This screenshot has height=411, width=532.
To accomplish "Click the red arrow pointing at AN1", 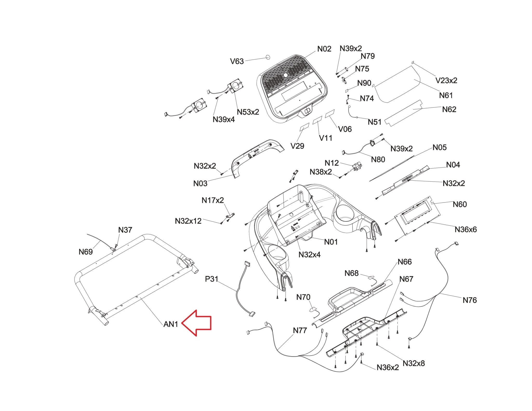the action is tap(196, 323).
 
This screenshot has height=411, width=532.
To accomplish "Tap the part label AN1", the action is tap(171, 324).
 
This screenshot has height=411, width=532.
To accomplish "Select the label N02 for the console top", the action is tap(324, 49).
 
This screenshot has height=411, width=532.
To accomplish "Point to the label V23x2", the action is tap(446, 80).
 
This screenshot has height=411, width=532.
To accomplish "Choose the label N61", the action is tap(446, 96).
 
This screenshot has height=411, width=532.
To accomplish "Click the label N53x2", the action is tap(248, 112).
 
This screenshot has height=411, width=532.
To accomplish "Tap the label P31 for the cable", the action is tap(212, 279).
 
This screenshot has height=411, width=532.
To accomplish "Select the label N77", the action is tap(300, 331).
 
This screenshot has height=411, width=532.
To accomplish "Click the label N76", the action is tap(470, 300).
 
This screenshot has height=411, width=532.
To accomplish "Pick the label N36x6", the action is tap(466, 230).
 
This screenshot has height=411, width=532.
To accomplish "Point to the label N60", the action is tap(460, 204).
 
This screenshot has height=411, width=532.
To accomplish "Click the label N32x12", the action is tap(188, 221).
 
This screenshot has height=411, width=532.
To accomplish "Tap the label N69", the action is tap(86, 252).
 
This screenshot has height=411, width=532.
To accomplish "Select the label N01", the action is tap(331, 242).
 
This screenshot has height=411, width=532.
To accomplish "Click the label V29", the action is tap(297, 146).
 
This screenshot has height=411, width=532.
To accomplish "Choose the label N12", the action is tap(332, 163).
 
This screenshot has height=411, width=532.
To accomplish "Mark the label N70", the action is tap(303, 297).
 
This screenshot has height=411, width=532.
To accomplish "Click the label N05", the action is tap(440, 147).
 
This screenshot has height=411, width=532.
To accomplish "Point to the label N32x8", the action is tap(414, 363).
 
